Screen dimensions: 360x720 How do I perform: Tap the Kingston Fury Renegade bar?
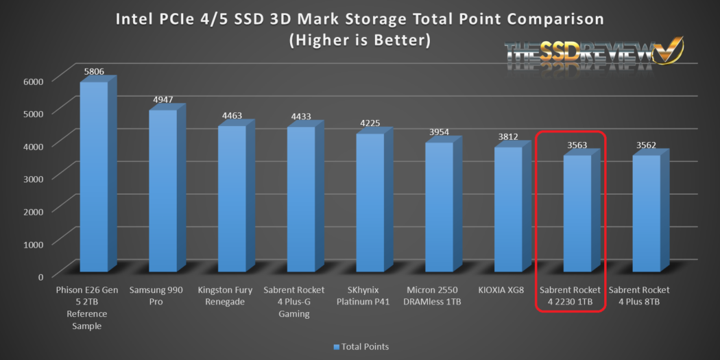[x=232, y=198]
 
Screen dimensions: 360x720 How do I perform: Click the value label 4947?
[x=163, y=99]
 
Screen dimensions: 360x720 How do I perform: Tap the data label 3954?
[x=439, y=132]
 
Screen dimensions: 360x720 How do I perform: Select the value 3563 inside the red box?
[x=577, y=145]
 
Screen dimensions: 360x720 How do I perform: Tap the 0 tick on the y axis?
[x=40, y=276]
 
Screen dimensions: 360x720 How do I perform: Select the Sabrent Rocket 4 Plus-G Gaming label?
[x=293, y=301]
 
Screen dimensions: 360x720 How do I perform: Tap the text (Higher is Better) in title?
[x=360, y=40]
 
